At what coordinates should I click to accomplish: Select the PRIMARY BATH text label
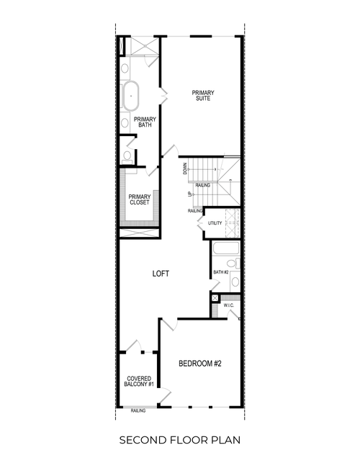[x=145, y=122]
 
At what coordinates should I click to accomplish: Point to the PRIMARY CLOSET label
[x=139, y=199]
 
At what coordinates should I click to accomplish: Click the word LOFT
[x=161, y=274]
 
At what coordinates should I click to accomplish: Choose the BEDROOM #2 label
[x=199, y=364]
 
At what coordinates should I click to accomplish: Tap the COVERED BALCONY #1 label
[x=138, y=382]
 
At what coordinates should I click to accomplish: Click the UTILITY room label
[x=215, y=223]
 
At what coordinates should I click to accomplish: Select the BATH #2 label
[x=220, y=272]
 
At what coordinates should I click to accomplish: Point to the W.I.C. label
[x=229, y=305]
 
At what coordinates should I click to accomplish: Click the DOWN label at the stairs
[x=186, y=168]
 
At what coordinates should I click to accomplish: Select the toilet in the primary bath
[x=127, y=156]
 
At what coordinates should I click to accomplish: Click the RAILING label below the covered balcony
[x=138, y=410]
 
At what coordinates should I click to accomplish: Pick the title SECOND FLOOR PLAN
[x=179, y=439]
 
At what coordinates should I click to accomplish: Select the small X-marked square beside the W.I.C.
[x=215, y=297]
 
